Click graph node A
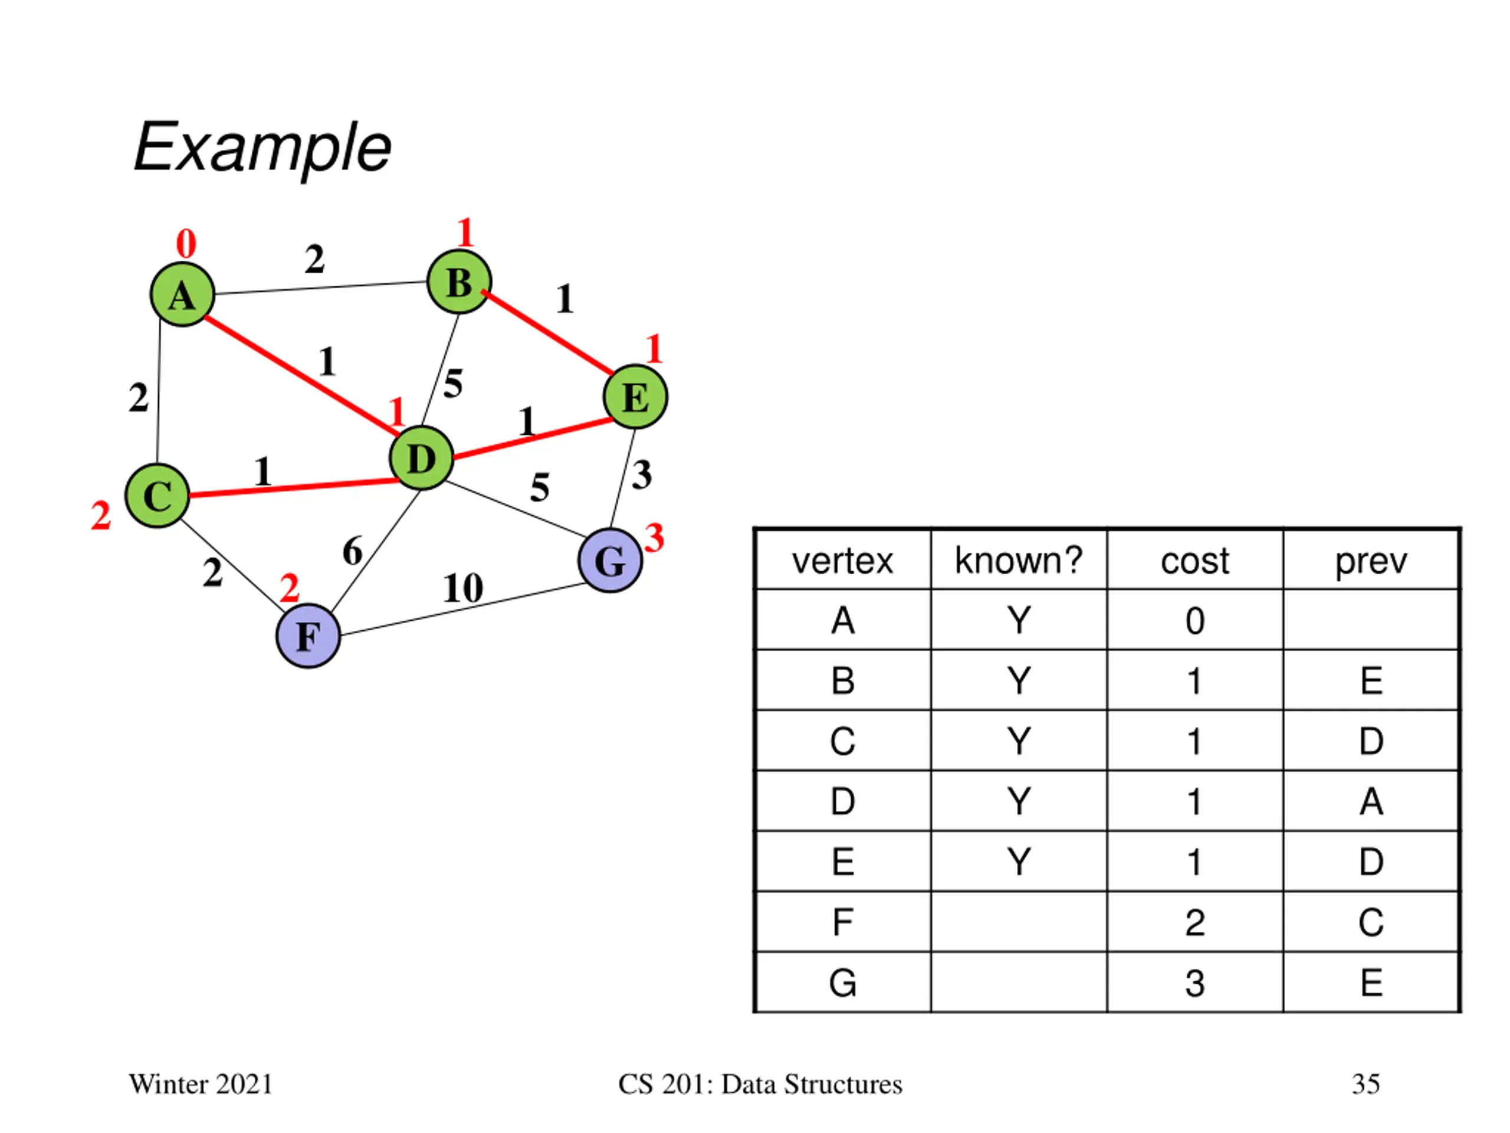point(182,294)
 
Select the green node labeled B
point(459,281)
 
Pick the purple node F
point(308,636)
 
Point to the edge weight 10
point(463,587)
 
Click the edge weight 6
point(352,551)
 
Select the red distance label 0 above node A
point(186,243)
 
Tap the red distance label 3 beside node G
point(654,538)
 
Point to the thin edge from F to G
point(460,609)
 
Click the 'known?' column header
point(1019,560)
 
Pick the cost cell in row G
point(1194,983)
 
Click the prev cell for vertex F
point(1371,922)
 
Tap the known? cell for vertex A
point(1019,620)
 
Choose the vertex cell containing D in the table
point(842,801)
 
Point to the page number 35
point(1366,1085)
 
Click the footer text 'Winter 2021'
point(201,1085)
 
